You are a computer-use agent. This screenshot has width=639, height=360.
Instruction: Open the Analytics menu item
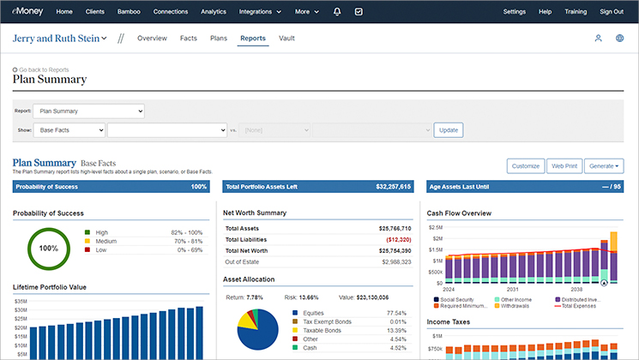(214, 12)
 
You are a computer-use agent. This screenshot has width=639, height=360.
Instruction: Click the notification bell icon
(336, 12)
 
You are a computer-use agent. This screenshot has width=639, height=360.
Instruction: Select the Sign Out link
(612, 12)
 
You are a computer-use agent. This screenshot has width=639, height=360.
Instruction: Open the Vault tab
(287, 39)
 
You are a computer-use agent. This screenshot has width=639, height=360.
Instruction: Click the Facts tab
(189, 39)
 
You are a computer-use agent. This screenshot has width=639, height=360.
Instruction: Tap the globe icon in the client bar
(619, 39)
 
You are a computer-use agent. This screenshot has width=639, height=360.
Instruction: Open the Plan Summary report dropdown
(89, 111)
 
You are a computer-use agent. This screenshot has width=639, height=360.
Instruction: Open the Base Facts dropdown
(69, 129)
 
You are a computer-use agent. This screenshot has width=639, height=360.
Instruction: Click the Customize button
(525, 165)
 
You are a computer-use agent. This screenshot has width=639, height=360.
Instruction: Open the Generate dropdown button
(604, 165)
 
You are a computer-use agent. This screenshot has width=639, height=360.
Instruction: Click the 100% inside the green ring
(48, 249)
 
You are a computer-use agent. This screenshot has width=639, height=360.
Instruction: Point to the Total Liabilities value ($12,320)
(392, 240)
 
